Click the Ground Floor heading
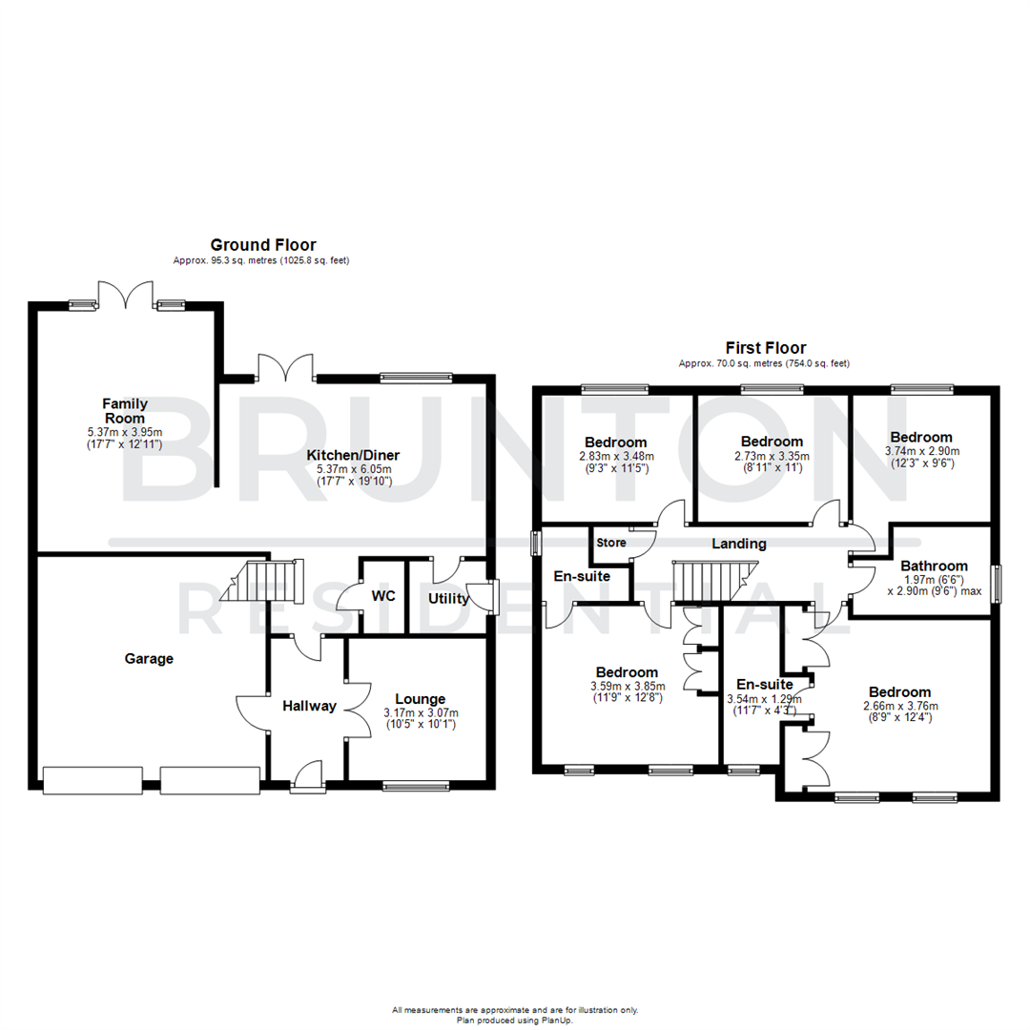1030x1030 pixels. (x=263, y=245)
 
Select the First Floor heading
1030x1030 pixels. (x=765, y=348)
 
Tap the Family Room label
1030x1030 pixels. (x=125, y=411)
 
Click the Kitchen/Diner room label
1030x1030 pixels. (x=354, y=455)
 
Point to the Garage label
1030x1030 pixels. (x=149, y=658)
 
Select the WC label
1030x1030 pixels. (x=383, y=596)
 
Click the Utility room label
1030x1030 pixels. (x=448, y=599)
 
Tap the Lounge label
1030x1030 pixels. (x=421, y=699)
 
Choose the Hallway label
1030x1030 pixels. (x=309, y=707)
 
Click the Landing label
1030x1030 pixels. (x=739, y=544)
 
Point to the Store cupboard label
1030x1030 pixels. (x=611, y=543)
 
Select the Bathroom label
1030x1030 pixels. (x=934, y=566)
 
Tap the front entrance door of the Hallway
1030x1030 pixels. (x=307, y=777)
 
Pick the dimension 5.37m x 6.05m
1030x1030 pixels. (x=354, y=469)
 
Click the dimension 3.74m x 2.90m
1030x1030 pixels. (x=922, y=451)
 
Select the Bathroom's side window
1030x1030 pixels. (x=997, y=584)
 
